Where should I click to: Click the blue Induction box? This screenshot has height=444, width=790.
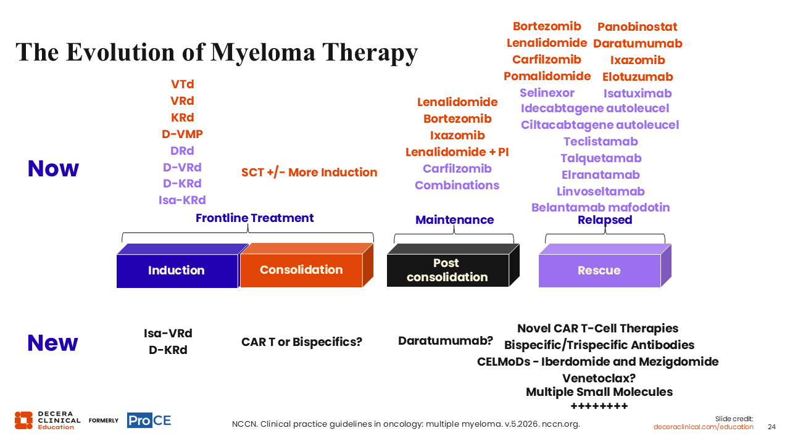(177, 270)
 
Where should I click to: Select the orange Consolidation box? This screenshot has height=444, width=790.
(302, 269)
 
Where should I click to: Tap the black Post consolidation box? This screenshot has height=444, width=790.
(447, 270)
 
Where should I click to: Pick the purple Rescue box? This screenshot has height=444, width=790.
(599, 270)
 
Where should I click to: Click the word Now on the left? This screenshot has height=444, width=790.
(53, 168)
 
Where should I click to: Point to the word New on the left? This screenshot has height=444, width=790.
(52, 343)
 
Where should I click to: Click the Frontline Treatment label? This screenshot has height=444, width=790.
(255, 218)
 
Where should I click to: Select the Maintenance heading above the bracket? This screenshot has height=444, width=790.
(455, 220)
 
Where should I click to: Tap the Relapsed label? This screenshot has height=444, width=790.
(605, 220)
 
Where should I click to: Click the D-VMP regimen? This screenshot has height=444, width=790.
(182, 134)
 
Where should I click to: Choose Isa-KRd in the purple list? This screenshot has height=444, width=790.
(182, 200)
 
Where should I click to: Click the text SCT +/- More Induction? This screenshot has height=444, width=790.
(309, 172)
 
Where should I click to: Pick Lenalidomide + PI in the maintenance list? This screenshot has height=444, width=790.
(457, 152)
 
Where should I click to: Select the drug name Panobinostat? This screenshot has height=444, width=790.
(638, 27)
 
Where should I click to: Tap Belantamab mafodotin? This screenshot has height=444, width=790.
(601, 208)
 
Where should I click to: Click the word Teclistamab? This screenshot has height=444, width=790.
(601, 141)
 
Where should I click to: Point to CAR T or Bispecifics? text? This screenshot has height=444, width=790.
(302, 342)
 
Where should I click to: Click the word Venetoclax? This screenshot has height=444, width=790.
(599, 378)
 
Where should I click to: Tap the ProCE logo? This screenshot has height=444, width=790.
(149, 420)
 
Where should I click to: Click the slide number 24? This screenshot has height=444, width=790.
(771, 427)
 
